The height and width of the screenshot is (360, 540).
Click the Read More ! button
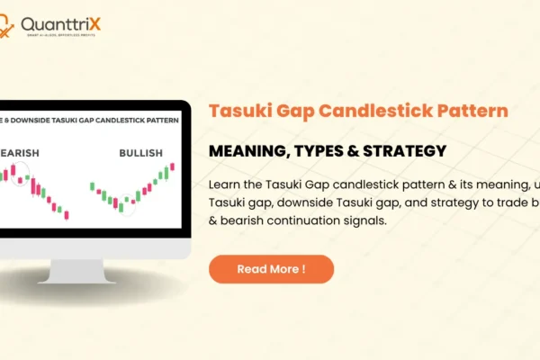pos(271,269)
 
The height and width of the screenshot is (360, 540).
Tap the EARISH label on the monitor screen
pos(20,153)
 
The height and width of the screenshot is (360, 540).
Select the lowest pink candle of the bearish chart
pos(66,214)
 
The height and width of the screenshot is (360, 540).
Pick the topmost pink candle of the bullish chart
pos(172,167)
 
